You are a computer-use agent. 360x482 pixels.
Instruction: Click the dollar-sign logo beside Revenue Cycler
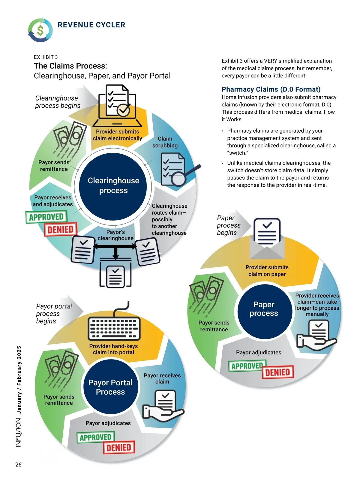pyautogui.click(x=40, y=30)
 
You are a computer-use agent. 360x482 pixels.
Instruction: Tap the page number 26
pyautogui.click(x=18, y=465)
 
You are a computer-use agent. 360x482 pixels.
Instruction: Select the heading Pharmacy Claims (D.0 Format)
pyautogui.click(x=271, y=89)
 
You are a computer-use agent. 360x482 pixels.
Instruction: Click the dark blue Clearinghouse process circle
pyautogui.click(x=113, y=185)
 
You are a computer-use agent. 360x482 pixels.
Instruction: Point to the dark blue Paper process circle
pyautogui.click(x=264, y=309)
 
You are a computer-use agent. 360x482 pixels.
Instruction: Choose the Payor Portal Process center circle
pyautogui.click(x=110, y=387)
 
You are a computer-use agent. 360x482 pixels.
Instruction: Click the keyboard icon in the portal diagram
pyautogui.click(x=114, y=327)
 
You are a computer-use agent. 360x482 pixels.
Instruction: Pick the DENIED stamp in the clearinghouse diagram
pyautogui.click(x=61, y=230)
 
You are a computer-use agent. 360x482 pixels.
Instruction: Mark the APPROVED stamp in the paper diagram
pyautogui.click(x=247, y=366)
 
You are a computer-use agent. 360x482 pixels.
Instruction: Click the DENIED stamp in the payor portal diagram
pyautogui.click(x=119, y=447)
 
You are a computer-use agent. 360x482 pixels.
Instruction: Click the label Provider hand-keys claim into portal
pyautogui.click(x=113, y=349)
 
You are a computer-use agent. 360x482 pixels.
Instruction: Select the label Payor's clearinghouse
pyautogui.click(x=115, y=235)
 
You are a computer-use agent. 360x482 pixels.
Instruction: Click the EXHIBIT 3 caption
pyautogui.click(x=46, y=57)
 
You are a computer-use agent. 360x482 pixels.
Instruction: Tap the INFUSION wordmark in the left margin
pyautogui.click(x=18, y=432)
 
